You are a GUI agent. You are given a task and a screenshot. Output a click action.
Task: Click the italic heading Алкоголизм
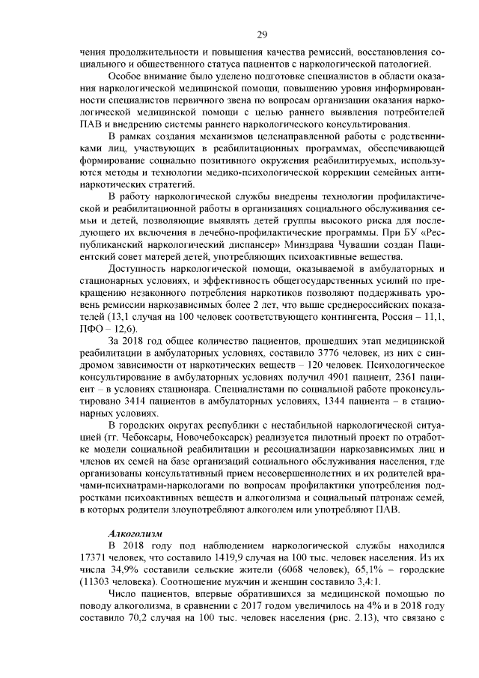[135, 533]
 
